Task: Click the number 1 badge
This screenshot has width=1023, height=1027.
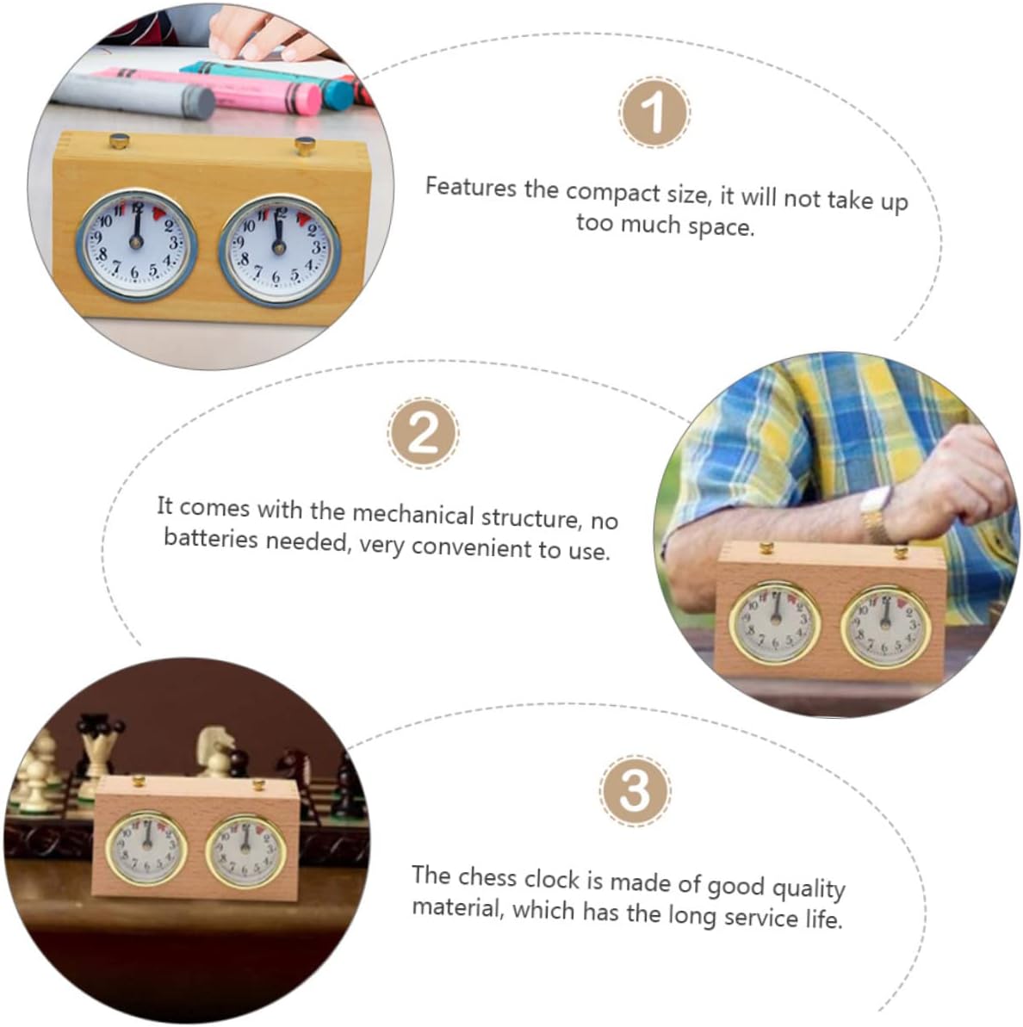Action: click(x=654, y=112)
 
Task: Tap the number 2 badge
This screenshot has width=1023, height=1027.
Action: click(x=423, y=432)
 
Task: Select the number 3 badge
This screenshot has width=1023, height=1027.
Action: click(x=634, y=790)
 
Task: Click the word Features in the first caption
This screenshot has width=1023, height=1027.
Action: click(x=470, y=188)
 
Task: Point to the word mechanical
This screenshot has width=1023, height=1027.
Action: click(x=412, y=513)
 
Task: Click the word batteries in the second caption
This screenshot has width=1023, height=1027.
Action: click(x=210, y=538)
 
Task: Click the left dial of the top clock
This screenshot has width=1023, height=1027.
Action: click(x=136, y=244)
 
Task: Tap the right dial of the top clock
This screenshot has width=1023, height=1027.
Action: click(x=279, y=250)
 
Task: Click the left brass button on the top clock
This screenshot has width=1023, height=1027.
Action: click(x=119, y=140)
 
